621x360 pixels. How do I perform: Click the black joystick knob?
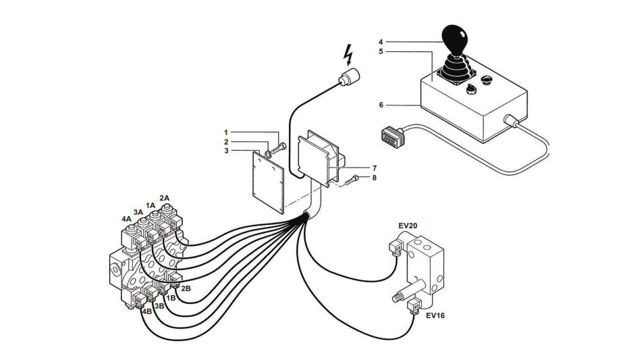coord(455,39)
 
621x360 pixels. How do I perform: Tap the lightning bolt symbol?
coord(348,55)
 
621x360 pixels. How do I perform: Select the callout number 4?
coord(381,42)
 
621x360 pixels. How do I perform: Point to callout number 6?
coord(381,105)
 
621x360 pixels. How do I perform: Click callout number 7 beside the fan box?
coord(374,168)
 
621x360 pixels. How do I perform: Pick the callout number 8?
coord(374,178)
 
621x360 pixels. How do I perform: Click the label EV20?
coord(408,226)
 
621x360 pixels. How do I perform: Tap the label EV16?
coord(435,315)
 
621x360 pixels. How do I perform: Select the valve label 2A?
coord(164,198)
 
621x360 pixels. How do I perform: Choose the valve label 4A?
coord(126,219)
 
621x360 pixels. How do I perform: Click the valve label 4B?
coord(147,311)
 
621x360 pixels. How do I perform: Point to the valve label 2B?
coord(186,288)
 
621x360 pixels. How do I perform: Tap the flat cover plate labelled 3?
coord(269,183)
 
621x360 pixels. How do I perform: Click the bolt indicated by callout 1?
coord(279,149)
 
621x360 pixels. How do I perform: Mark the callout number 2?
coord(226,142)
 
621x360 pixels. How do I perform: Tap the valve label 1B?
coord(171,298)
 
